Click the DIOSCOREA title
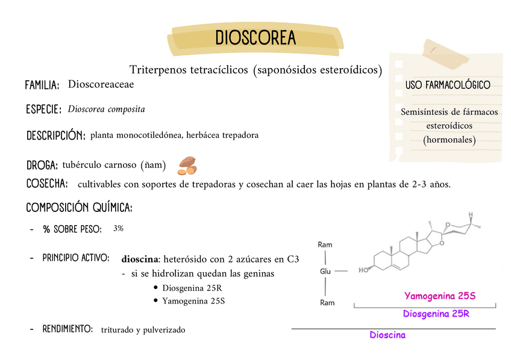255,38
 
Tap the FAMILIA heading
42,85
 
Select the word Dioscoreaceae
101,84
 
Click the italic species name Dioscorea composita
106,110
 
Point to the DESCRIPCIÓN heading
55,136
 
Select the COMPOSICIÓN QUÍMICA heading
79,208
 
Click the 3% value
118,228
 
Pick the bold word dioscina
139,259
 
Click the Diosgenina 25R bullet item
192,288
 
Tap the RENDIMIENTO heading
67,329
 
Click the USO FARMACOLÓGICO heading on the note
448,85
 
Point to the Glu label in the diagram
325,272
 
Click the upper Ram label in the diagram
325,245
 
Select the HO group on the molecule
363,270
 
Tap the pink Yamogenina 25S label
440,296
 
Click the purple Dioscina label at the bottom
387,335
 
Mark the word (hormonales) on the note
449,140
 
